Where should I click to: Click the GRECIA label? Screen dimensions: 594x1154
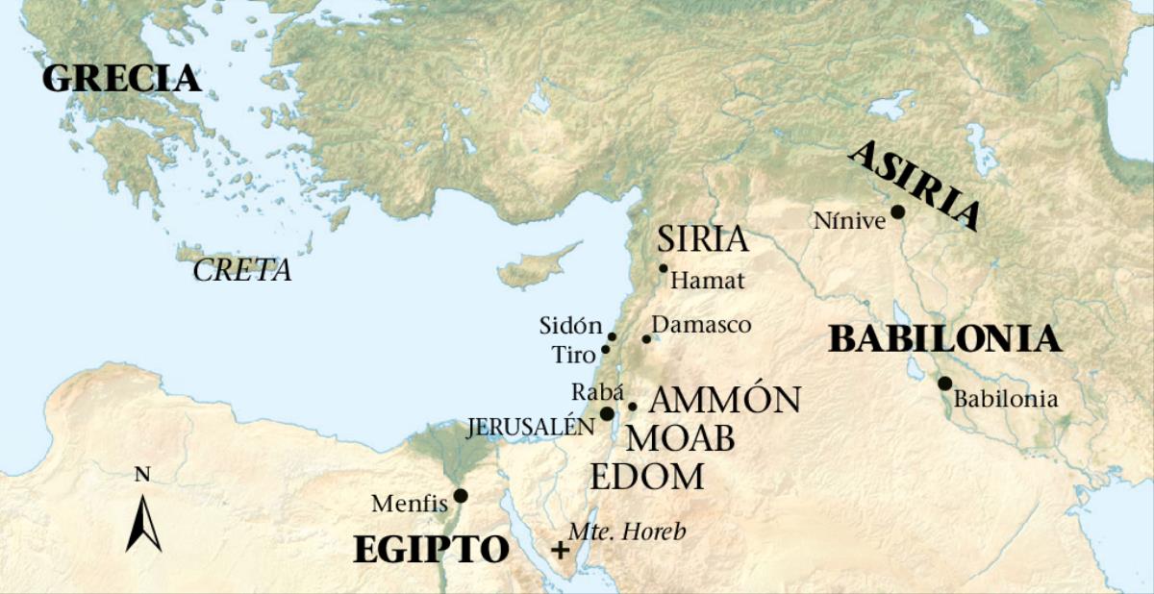[x=121, y=79]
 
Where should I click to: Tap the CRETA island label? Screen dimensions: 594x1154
[x=242, y=271]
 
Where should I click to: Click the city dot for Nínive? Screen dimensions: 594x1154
[x=897, y=212]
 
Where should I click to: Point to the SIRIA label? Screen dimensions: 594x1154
[x=702, y=239]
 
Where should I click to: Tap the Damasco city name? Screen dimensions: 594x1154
[x=701, y=326]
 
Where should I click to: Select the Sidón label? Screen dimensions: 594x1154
[x=570, y=326]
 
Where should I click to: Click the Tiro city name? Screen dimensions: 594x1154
[x=573, y=355]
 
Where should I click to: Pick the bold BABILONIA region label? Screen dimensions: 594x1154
[x=944, y=339]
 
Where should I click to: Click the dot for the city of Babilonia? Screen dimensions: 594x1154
[x=944, y=384]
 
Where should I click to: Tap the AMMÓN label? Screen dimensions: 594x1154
[x=725, y=399]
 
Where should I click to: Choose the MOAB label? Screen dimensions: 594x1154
[x=681, y=439]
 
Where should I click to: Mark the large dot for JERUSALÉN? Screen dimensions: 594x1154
[x=607, y=413]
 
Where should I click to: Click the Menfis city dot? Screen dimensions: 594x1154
[x=461, y=496]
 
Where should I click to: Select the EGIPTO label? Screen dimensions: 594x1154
[x=431, y=550]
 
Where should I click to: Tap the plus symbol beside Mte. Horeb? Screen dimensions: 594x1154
[x=559, y=551]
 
